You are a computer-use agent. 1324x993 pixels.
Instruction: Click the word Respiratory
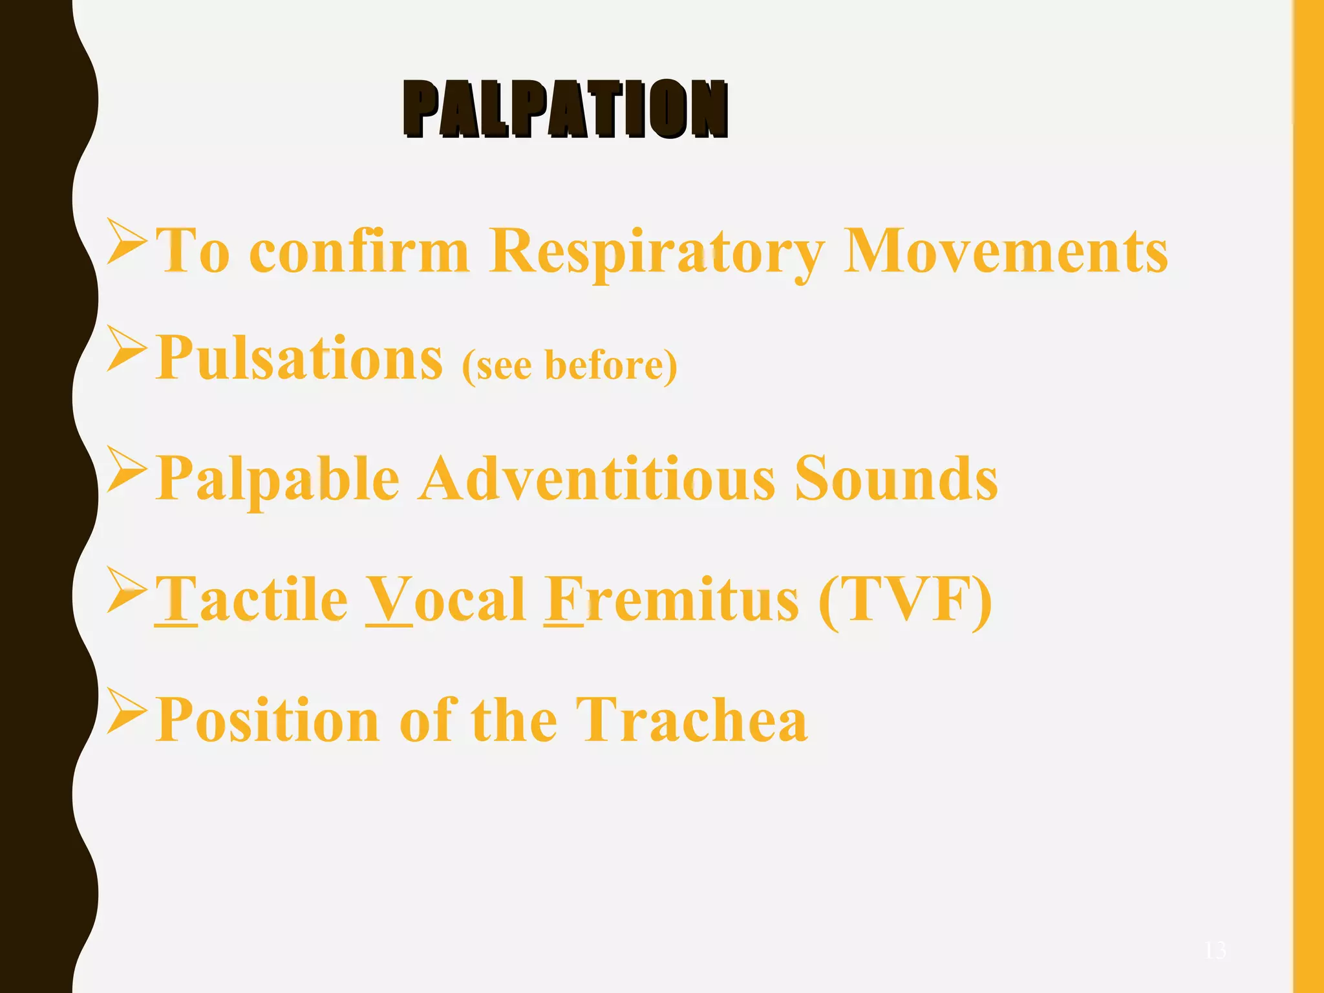(657, 252)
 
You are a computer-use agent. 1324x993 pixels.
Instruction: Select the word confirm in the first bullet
(359, 252)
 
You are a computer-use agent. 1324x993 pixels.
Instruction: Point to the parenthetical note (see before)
(570, 365)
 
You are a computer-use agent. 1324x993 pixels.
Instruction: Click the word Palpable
(278, 480)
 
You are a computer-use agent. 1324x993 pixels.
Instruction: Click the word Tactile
(251, 599)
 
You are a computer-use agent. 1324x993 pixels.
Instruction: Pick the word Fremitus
(671, 599)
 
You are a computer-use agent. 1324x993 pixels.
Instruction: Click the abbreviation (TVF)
(904, 599)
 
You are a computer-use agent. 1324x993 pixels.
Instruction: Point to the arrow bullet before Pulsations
(126, 348)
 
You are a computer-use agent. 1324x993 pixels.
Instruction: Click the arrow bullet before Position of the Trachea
(126, 710)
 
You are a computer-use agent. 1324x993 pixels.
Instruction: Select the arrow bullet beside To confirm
(126, 242)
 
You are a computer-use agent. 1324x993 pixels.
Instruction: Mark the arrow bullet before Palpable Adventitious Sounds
(126, 469)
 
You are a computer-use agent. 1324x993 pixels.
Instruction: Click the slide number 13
(1215, 950)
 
